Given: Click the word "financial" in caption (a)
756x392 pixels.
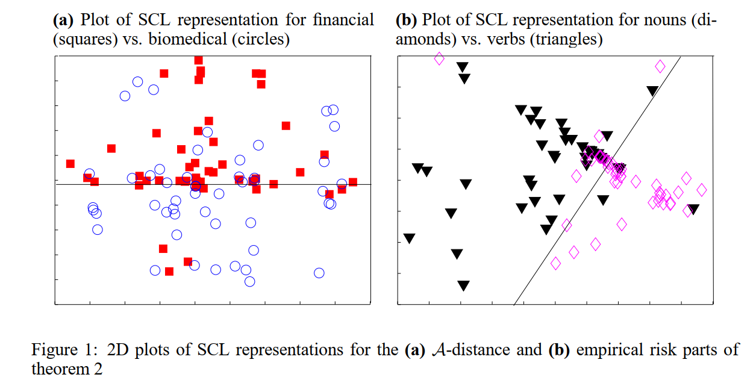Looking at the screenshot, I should click(343, 20).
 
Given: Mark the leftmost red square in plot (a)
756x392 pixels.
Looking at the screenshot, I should click(70, 164).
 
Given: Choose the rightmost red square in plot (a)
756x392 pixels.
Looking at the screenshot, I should click(353, 182).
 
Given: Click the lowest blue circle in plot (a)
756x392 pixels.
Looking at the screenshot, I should click(249, 281).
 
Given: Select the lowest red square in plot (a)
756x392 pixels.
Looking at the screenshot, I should click(169, 272).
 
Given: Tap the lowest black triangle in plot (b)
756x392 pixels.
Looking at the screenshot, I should click(463, 285).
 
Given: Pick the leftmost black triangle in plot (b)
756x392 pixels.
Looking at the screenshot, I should click(410, 238).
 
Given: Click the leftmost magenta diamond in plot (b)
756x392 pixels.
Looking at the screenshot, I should click(439, 58).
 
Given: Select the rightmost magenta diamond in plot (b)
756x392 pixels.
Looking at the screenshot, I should click(701, 190).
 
